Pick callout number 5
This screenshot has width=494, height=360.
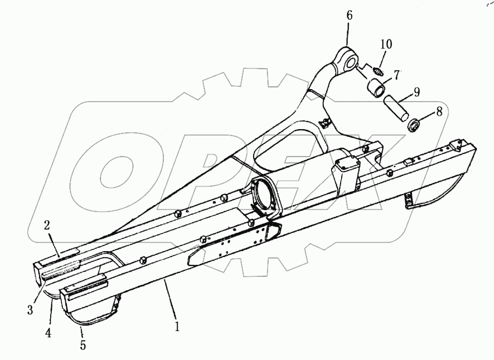coord(83,346)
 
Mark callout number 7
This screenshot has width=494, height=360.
coord(396,75)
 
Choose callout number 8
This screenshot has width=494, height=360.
coord(439,112)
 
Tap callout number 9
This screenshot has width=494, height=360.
coord(416,93)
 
